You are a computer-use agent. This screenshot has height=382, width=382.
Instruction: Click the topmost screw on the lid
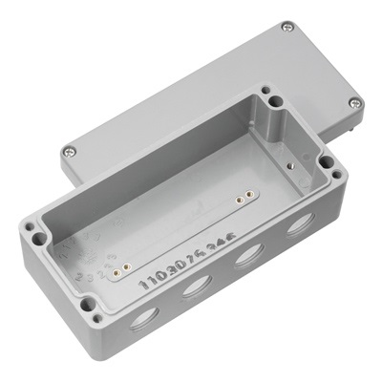point(286,28)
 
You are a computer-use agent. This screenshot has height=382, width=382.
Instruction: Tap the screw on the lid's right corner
point(354,102)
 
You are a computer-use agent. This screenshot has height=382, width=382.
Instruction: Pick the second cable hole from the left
point(197,287)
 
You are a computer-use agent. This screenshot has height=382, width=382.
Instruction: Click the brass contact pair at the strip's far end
point(244,199)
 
